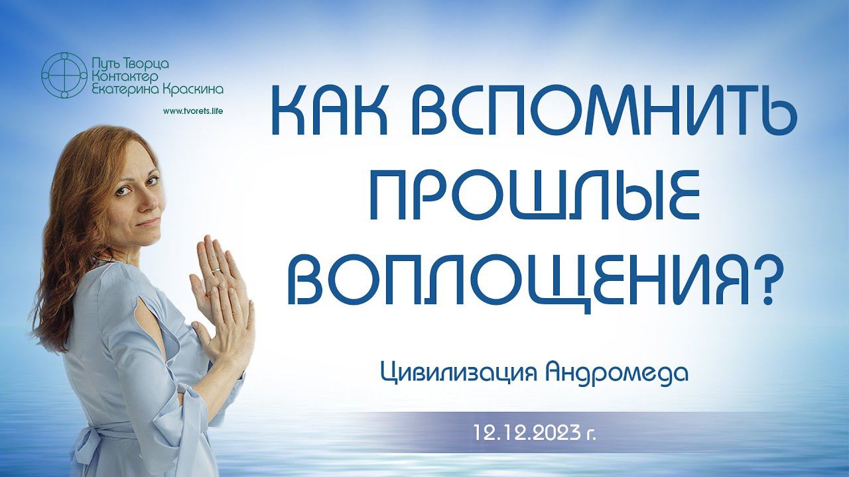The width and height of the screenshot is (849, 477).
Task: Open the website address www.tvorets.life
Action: coord(192,111)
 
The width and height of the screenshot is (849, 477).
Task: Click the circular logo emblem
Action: coord(64,76)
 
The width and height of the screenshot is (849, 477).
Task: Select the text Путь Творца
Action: coord(129,64)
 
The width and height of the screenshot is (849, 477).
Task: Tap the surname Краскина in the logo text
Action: coord(193,90)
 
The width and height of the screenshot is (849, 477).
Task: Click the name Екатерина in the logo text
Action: coord(125,91)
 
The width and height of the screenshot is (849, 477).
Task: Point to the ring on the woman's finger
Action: coord(216,270)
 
